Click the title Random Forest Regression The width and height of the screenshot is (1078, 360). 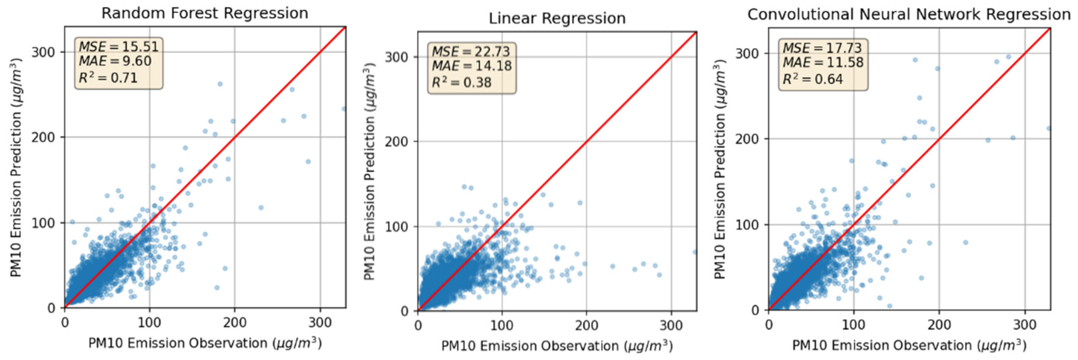pos(205,13)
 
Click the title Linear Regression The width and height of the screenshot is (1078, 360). pos(557,18)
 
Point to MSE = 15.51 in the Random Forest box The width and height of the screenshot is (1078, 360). pos(119,47)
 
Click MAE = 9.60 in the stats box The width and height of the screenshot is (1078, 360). pos(115,61)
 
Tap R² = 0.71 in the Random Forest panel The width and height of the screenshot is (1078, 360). pos(108,78)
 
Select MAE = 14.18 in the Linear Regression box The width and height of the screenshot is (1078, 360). pos(472,66)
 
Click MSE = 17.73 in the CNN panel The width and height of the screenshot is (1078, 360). pos(822,48)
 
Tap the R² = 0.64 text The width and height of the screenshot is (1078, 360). pos(812,79)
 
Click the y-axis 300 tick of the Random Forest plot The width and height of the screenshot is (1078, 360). pos(43,52)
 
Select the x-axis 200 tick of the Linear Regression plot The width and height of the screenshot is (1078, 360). pos(586,325)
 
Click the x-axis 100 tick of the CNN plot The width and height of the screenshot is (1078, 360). pos(853,324)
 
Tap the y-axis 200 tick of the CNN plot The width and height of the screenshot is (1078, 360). pos(747,139)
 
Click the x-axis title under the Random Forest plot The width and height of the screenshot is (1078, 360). pos(205,343)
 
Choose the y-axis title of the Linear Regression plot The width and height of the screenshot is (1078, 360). pos(369,172)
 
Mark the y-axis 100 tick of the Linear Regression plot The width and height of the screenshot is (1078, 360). pos(396,227)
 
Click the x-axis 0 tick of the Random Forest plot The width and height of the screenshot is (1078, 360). pos(65,323)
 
